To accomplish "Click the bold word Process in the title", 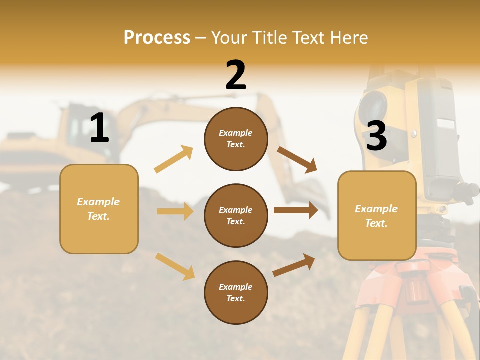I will tap(157, 37).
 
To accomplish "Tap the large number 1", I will tap(99, 128).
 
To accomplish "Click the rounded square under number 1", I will tap(99, 209).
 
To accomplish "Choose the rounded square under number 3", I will tap(377, 215).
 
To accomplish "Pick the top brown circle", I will tap(236, 139).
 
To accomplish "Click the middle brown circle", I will tap(236, 215).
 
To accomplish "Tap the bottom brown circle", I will tap(236, 292).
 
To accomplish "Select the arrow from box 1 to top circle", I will tap(174, 159).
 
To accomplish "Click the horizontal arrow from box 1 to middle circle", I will tap(175, 211).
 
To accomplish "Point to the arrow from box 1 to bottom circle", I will tap(175, 266).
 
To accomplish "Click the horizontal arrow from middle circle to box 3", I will tap(296, 210).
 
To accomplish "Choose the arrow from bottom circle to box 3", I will tap(294, 265).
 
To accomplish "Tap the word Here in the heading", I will tap(349, 37).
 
